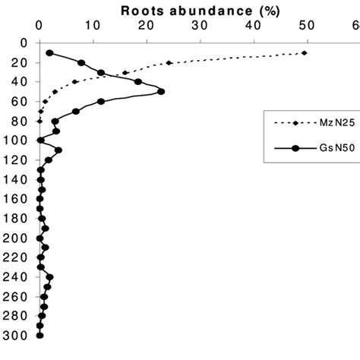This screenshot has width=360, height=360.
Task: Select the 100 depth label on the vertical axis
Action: (x=15, y=140)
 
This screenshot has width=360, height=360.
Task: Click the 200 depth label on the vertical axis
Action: (x=15, y=238)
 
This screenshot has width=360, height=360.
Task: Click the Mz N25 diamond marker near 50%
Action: (x=305, y=52)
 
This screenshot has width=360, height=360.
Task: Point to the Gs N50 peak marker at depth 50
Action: (x=160, y=92)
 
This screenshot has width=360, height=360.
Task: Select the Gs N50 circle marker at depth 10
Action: (x=50, y=53)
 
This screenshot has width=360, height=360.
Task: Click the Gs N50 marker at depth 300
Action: (x=39, y=335)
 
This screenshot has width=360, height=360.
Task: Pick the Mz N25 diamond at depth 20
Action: (x=169, y=62)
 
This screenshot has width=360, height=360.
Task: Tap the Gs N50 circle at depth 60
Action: (x=101, y=101)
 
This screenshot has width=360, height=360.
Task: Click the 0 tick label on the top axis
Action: (x=39, y=24)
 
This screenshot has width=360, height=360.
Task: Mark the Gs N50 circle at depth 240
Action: (x=50, y=277)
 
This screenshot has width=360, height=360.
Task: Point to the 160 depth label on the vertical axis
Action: (x=15, y=199)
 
